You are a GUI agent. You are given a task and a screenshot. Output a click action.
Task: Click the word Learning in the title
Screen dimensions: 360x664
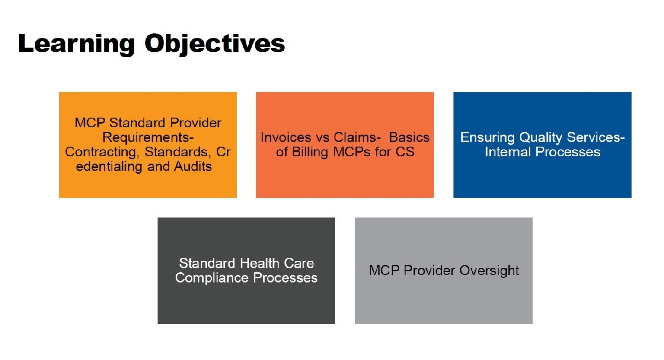click(76, 44)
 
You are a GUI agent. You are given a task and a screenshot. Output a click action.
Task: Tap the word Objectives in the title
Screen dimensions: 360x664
click(214, 44)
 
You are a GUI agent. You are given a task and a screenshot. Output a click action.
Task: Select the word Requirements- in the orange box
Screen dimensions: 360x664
click(148, 137)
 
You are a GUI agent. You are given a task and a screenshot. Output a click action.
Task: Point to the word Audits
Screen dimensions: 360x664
click(193, 166)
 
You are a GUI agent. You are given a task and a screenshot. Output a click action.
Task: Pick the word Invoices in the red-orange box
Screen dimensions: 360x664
click(286, 137)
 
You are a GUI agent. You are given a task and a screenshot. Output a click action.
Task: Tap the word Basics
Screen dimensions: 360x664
click(409, 137)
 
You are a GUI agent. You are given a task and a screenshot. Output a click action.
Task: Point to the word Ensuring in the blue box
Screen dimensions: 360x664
click(487, 137)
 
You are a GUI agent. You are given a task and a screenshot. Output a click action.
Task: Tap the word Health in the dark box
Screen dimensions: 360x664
click(260, 263)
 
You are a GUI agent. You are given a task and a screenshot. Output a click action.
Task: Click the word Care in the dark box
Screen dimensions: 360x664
click(299, 263)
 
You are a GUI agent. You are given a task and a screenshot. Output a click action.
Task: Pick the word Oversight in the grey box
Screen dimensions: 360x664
click(489, 271)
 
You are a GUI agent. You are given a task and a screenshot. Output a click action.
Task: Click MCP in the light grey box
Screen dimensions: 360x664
click(384, 271)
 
